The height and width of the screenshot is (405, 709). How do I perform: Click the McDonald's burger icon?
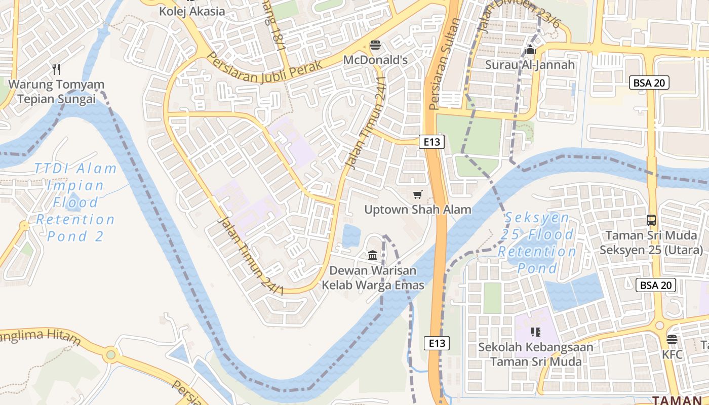pos(375,45)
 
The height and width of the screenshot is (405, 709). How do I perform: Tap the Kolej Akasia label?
pos(192,11)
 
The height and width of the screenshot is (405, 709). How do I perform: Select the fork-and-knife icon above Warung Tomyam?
pos(56,69)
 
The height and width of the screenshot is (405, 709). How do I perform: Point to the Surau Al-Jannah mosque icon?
pos(530,50)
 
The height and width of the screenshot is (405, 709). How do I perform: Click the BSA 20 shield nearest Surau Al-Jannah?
pos(649,83)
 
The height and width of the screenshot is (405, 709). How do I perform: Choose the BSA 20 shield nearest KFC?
pos(656,285)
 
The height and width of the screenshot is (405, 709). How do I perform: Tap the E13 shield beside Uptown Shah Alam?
pos(431,142)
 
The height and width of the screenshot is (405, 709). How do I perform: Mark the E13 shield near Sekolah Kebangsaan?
pos(436,343)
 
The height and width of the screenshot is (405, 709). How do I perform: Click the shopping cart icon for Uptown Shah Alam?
pos(418,194)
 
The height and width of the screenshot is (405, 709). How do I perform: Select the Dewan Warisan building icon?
pos(373,255)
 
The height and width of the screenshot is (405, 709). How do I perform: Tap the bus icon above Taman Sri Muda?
pos(651,220)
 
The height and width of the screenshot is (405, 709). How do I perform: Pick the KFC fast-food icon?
pos(672,340)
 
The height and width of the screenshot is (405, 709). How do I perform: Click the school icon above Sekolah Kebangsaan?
pos(536,332)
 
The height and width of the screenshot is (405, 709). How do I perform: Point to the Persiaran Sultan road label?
pos(443,63)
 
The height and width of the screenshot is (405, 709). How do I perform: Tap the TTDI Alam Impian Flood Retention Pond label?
pos(75,202)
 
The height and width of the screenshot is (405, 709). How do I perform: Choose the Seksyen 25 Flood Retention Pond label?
pos(537,242)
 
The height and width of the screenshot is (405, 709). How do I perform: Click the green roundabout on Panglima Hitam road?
pos(110,355)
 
